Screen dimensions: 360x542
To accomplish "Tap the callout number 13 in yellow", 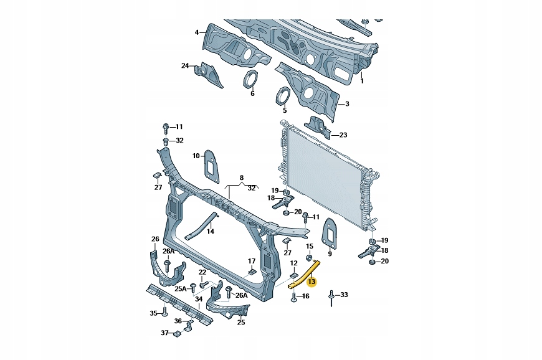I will [311, 282].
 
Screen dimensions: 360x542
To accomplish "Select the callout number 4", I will [197, 32].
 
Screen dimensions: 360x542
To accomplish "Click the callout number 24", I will [185, 65].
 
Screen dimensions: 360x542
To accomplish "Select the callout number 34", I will [198, 298].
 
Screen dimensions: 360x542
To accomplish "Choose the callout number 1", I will [361, 80].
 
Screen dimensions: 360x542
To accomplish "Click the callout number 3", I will [347, 104].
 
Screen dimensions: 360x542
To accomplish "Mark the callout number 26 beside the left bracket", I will [155, 239].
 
